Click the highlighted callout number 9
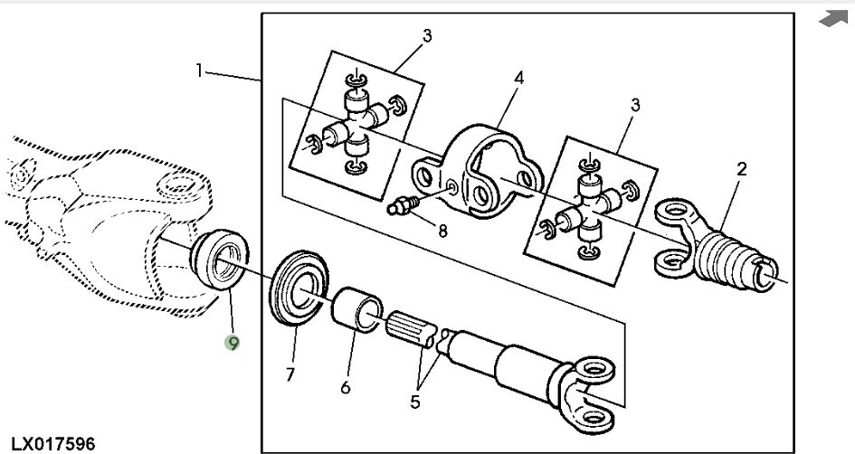[233, 343]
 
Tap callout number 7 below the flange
[290, 375]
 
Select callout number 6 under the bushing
[345, 387]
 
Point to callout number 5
[415, 402]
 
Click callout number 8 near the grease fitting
[442, 232]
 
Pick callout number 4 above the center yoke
[518, 78]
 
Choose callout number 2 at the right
[742, 169]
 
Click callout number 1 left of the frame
[200, 71]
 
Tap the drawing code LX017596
[52, 444]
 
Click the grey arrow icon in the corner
[833, 18]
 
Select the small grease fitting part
[403, 206]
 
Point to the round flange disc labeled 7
[299, 288]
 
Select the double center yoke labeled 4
[478, 171]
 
